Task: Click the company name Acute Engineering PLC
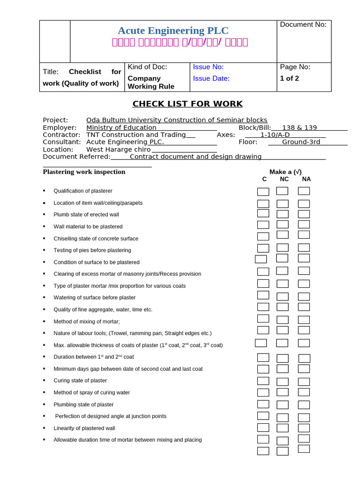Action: (x=173, y=31)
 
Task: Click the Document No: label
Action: (x=303, y=24)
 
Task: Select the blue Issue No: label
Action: (x=208, y=67)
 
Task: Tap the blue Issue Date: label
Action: (x=211, y=78)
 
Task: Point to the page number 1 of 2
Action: (x=289, y=78)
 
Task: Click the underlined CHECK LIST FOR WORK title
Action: (x=187, y=104)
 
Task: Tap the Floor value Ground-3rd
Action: (x=301, y=142)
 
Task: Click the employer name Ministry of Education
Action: (x=121, y=127)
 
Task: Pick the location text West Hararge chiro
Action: (x=119, y=149)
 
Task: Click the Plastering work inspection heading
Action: (x=84, y=172)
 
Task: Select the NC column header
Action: (x=284, y=179)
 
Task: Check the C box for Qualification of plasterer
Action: (x=263, y=191)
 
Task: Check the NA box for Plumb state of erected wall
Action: (x=304, y=214)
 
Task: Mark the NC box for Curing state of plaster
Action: (x=282, y=381)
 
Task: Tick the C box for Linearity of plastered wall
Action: (x=263, y=427)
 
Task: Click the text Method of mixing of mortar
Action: (x=87, y=322)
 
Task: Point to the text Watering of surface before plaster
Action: (x=94, y=298)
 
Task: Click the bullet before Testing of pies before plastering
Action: (x=44, y=250)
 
